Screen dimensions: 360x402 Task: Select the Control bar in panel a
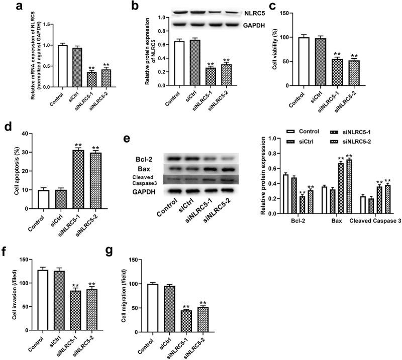[x=62, y=66]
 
